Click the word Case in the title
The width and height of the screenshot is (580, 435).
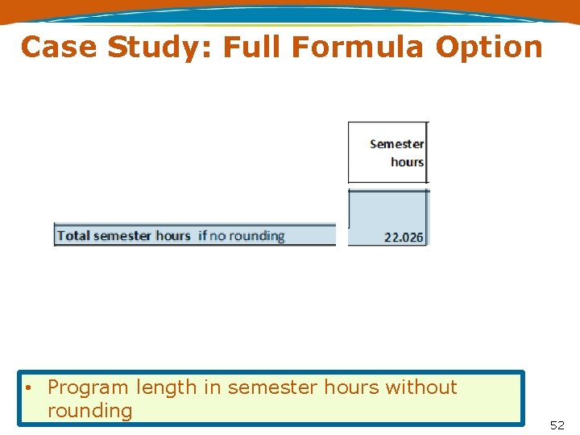(60, 47)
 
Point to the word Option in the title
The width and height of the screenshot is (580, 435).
(489, 47)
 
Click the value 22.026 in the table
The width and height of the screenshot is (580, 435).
(404, 238)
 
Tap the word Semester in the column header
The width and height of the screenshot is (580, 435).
(396, 144)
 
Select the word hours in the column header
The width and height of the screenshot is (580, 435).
(407, 162)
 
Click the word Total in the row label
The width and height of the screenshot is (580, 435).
(73, 236)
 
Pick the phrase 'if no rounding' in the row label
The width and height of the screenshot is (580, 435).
(242, 236)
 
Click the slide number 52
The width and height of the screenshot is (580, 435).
(557, 425)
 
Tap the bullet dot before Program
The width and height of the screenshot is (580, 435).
(28, 387)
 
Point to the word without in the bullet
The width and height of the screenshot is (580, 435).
(421, 387)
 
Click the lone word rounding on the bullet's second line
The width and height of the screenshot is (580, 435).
(89, 411)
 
